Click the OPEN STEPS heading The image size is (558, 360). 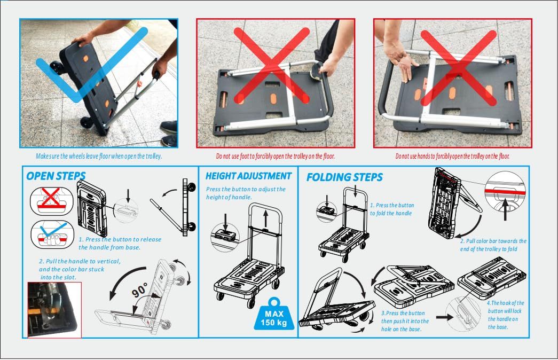pos(56,176)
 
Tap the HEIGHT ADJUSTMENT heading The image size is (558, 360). pos(248,176)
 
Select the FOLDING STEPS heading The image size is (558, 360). pos(344,177)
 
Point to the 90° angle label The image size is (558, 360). pos(139,290)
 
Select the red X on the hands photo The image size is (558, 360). pos(458,68)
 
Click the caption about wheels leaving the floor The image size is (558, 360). pos(99,156)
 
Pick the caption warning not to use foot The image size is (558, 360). pos(276,156)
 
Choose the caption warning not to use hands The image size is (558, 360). pos(452,156)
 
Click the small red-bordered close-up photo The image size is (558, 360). pos(54,310)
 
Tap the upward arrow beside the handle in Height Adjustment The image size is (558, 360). pos(265,218)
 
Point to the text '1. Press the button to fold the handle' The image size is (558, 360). pos(392,209)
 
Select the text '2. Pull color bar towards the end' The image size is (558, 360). pos(493,245)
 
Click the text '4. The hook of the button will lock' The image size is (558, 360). pos(505,315)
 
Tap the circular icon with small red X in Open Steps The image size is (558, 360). pos(52,201)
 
